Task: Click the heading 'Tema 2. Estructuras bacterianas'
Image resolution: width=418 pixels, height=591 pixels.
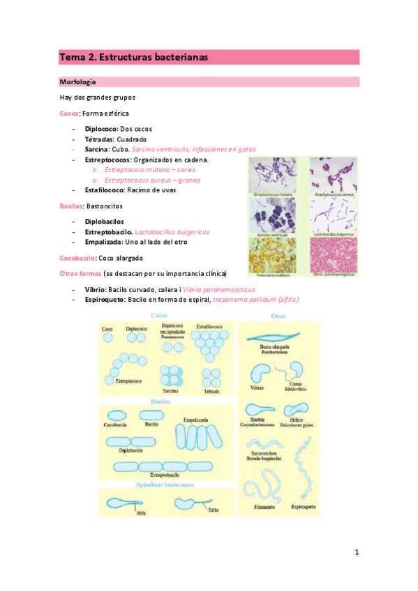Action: click(x=133, y=57)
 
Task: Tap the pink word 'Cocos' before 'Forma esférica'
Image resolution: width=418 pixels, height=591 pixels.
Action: click(x=69, y=114)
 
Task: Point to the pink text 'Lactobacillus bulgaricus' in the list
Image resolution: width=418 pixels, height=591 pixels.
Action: click(x=172, y=231)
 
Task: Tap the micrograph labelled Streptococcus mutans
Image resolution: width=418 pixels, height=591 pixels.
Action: click(x=273, y=174)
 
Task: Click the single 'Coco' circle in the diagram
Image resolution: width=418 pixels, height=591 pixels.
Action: click(x=107, y=338)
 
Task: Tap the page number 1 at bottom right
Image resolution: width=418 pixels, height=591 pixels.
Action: click(x=356, y=553)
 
